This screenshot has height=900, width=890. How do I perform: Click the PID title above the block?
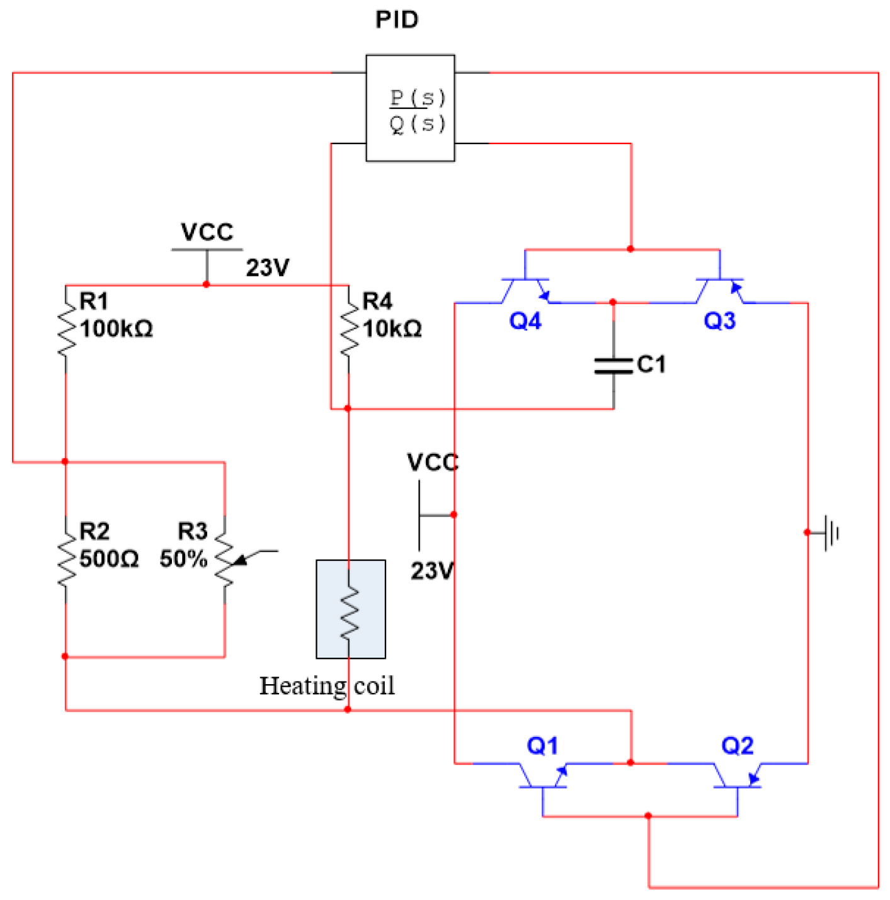click(397, 20)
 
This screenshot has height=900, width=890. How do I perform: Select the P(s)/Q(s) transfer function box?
click(410, 108)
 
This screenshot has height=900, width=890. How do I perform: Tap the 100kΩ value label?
click(117, 329)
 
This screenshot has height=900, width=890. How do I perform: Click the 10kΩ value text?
click(392, 329)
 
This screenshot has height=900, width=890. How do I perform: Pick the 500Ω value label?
click(109, 559)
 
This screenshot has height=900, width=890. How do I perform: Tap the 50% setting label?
click(183, 559)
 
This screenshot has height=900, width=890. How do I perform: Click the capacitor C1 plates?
click(613, 366)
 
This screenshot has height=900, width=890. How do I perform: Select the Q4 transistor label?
click(525, 321)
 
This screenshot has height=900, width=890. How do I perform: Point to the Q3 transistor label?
click(719, 321)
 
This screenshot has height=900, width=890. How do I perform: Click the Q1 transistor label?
click(542, 746)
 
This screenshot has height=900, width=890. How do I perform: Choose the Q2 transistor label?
click(737, 746)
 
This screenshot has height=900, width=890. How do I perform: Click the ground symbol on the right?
click(831, 533)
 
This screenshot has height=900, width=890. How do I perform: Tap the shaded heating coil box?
click(351, 609)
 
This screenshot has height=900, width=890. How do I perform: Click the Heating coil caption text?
click(327, 685)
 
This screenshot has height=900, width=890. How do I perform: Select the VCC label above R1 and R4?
click(207, 232)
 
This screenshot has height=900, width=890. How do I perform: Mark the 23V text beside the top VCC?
click(268, 268)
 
